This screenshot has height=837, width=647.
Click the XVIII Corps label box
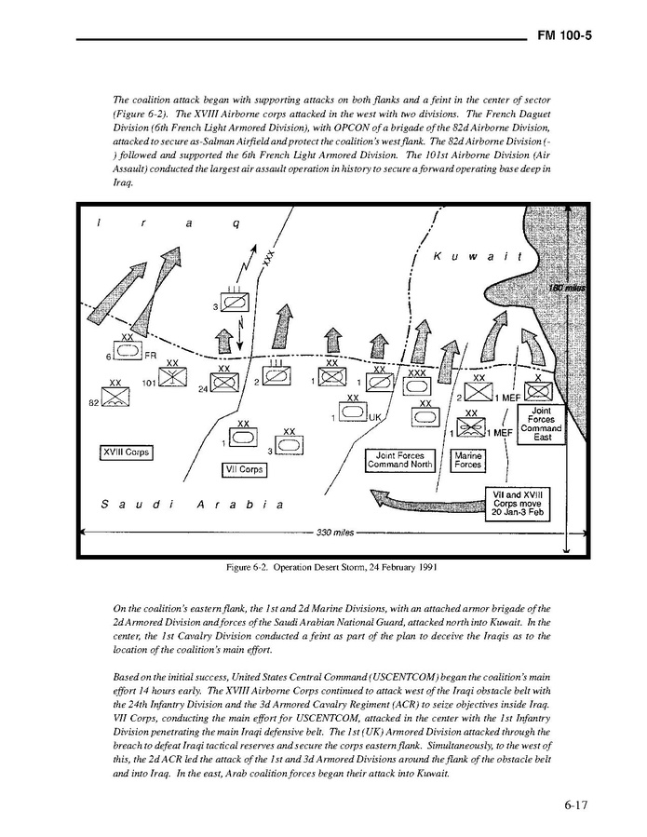pyautogui.click(x=125, y=452)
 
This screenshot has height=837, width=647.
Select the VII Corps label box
pyautogui.click(x=244, y=470)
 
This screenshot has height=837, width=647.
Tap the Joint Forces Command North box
pyautogui.click(x=399, y=460)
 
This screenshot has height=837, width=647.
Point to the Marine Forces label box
pyautogui.click(x=467, y=460)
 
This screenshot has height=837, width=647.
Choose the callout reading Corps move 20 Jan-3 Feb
pyautogui.click(x=519, y=502)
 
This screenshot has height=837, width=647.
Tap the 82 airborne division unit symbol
pyautogui.click(x=115, y=398)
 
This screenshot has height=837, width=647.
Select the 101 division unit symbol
pyautogui.click(x=172, y=376)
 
